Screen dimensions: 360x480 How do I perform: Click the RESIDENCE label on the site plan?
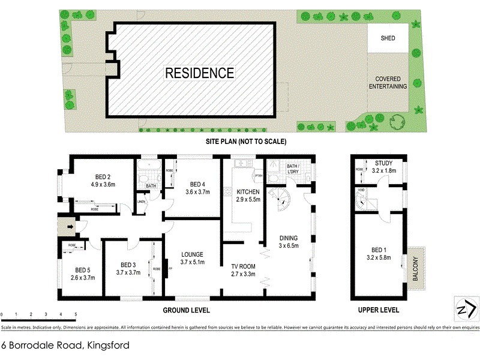pyautogui.click(x=200, y=73)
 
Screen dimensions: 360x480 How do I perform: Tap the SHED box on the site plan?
pyautogui.click(x=388, y=38)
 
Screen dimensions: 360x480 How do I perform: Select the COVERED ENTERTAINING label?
pyautogui.click(x=391, y=83)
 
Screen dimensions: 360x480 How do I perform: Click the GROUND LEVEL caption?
pyautogui.click(x=187, y=310)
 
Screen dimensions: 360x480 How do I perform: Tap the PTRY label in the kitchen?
pyautogui.click(x=259, y=176)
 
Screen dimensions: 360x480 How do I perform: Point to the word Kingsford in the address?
pyautogui.click(x=107, y=346)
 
